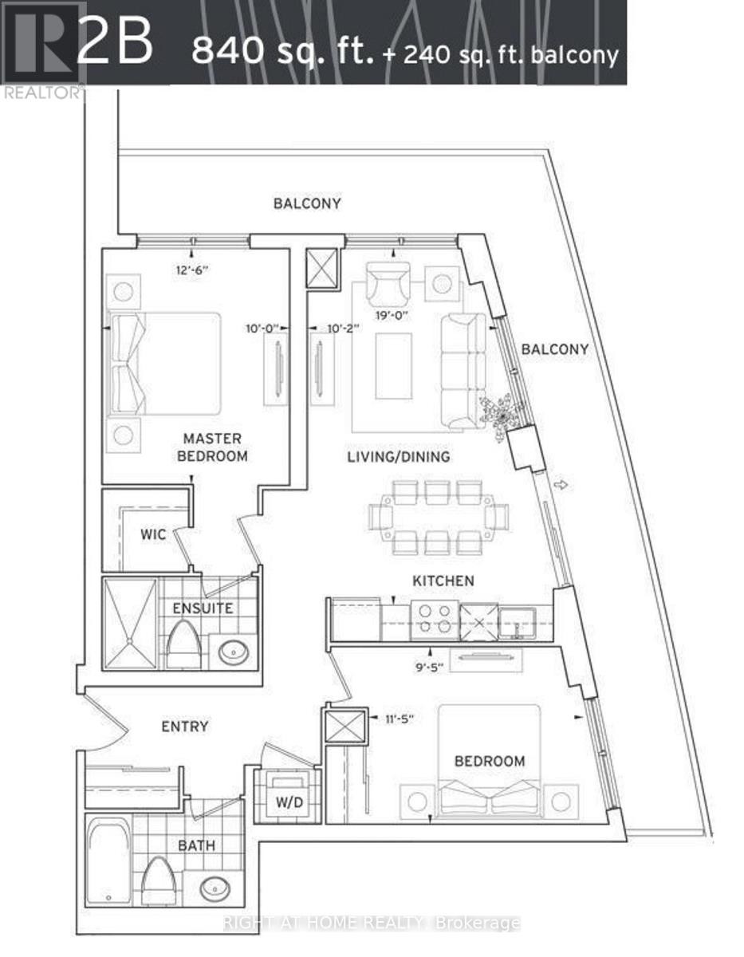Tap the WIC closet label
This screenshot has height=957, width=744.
pos(154,534)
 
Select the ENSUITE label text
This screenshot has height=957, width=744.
pos(204,608)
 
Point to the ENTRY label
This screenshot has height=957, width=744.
pos(185,727)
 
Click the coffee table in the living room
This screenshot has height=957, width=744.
pos(394,366)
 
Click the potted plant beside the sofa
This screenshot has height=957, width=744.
pos(501,413)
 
